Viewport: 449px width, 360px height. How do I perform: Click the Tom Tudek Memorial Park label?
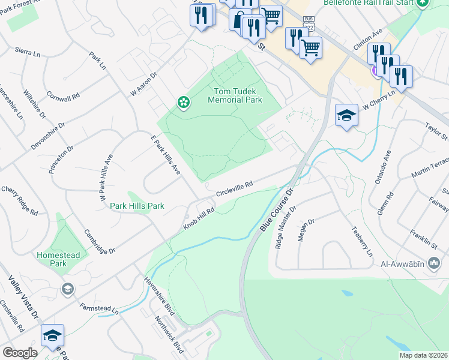coord(234,95)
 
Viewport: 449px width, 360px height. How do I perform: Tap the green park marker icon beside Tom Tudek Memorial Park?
coord(182,103)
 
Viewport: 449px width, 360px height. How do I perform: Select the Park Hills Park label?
coord(137,206)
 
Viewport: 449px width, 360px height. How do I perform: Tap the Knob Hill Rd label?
coord(199,218)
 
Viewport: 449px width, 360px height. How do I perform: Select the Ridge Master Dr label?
coord(285,227)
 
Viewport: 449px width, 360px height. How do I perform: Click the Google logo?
coord(20,352)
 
